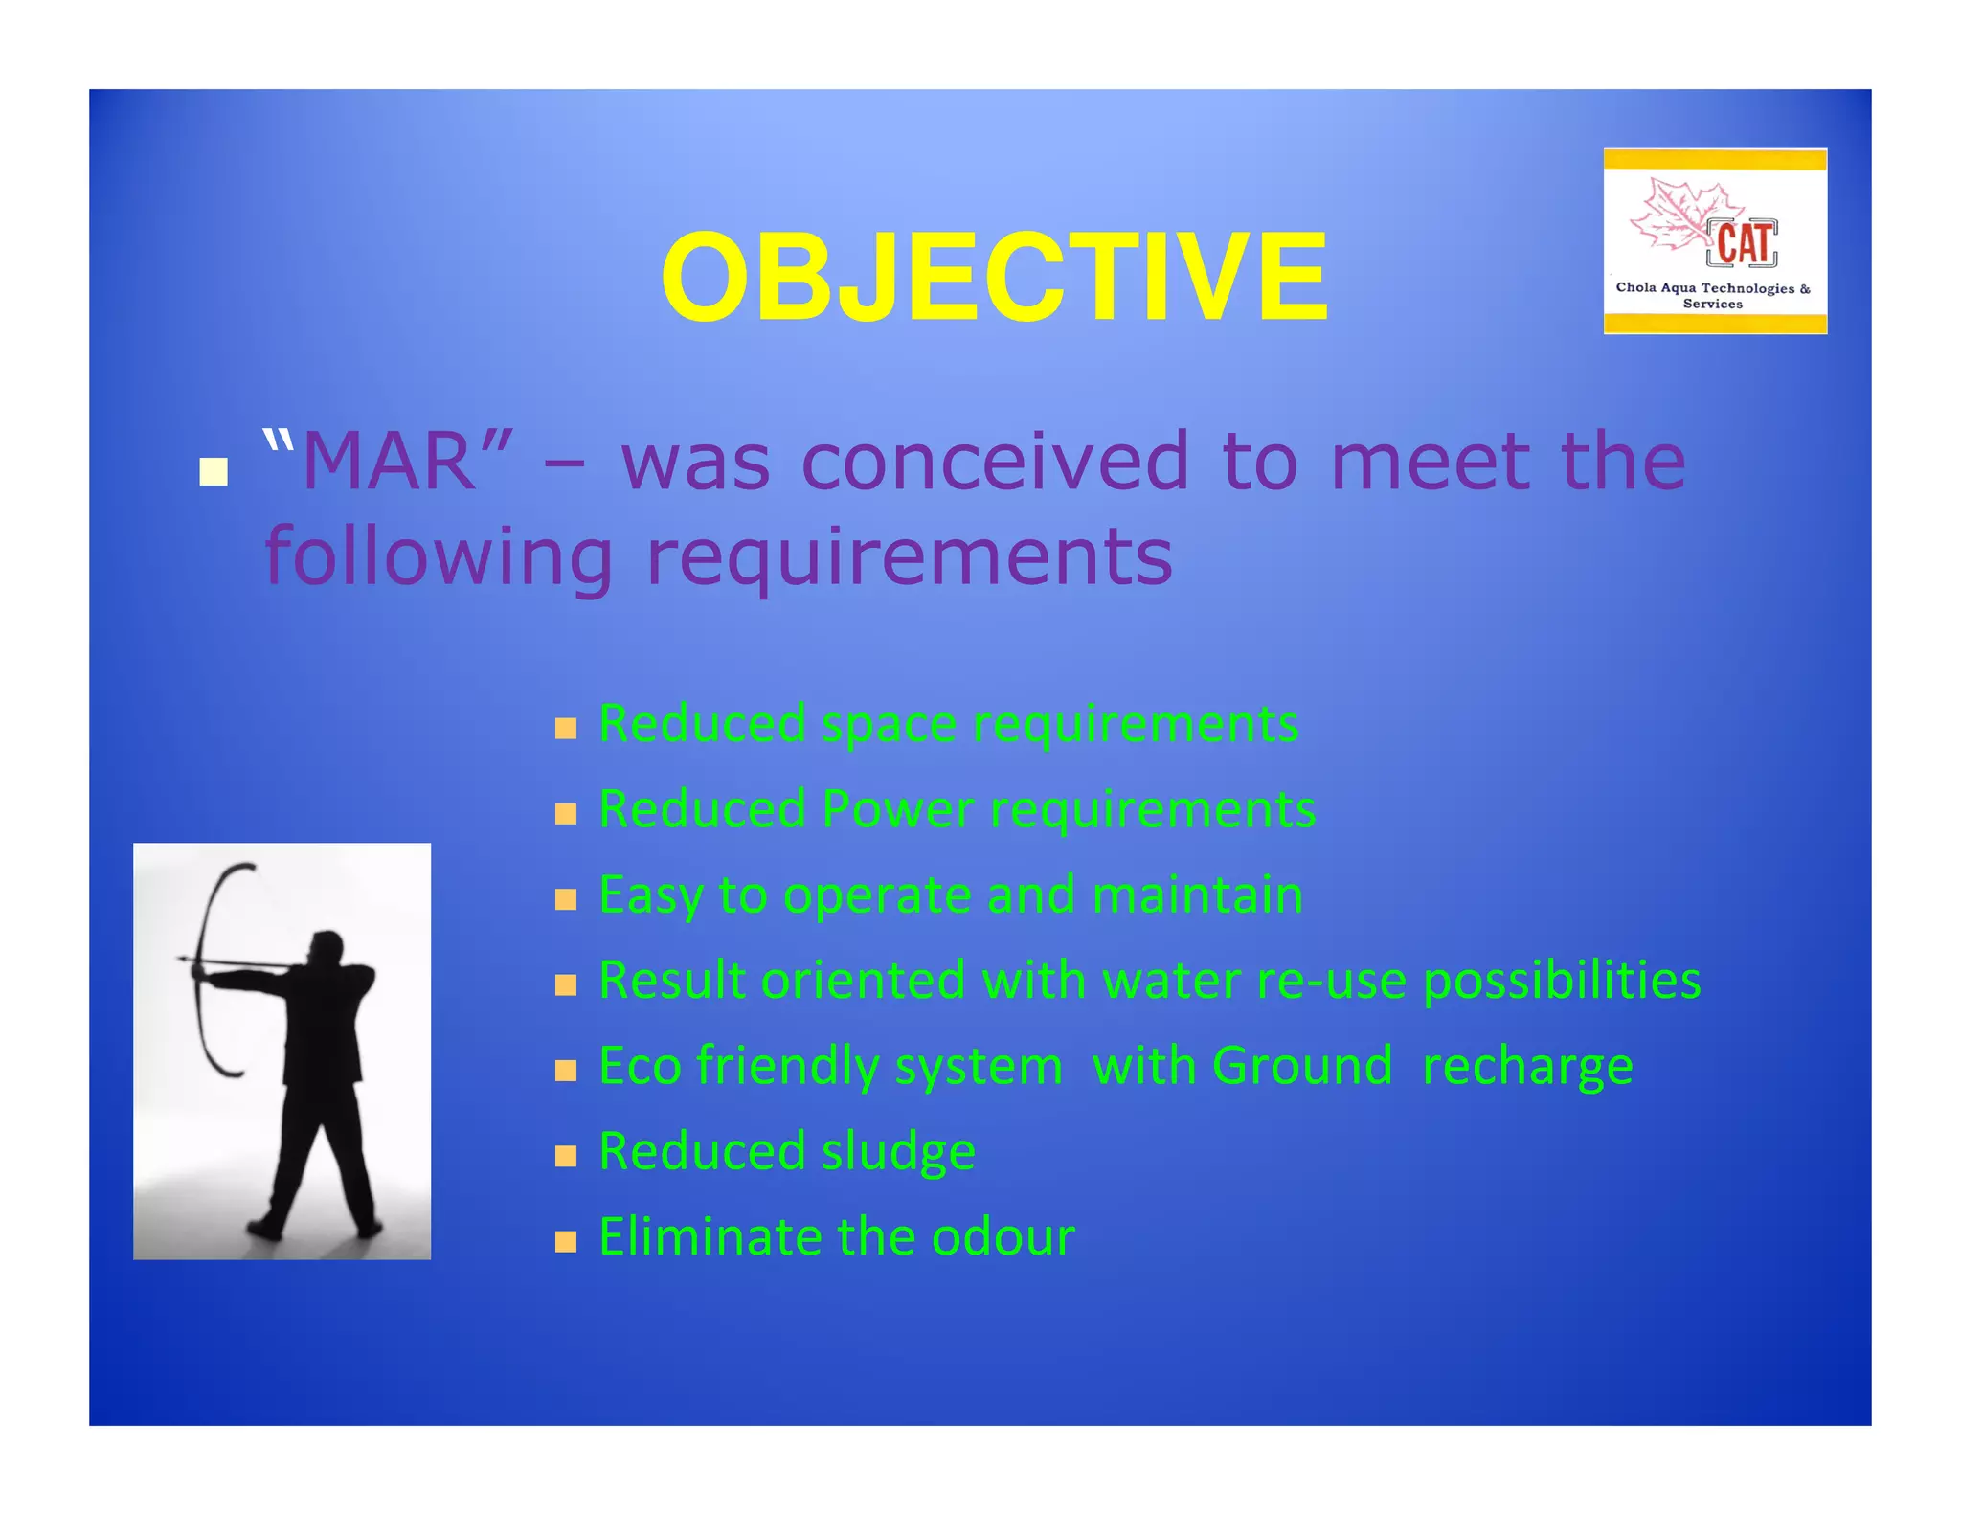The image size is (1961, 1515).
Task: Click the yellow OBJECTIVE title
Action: tap(994, 279)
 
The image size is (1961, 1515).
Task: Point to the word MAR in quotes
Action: tap(389, 463)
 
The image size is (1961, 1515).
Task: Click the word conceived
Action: tap(995, 463)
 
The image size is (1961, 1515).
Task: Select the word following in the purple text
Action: tap(438, 557)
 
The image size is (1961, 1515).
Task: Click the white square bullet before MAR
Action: tap(214, 472)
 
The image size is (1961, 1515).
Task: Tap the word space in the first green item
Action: tap(889, 724)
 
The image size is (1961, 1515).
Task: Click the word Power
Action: tap(897, 809)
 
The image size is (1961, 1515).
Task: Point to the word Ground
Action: tap(1301, 1066)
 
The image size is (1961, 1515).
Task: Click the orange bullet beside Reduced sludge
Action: tap(566, 1157)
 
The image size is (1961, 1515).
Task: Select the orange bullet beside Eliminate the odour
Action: tap(566, 1243)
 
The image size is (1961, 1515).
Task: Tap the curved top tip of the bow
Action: tap(251, 866)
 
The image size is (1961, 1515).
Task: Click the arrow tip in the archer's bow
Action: tap(183, 958)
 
